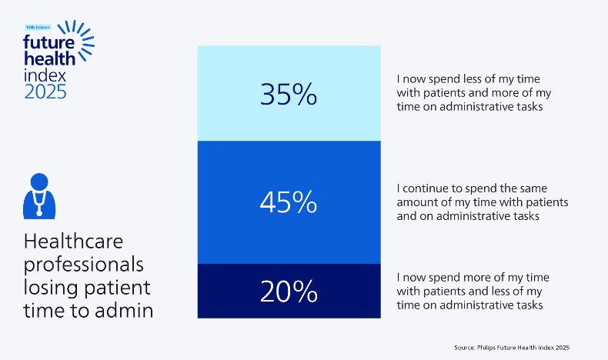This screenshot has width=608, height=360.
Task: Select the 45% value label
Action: [x=289, y=202]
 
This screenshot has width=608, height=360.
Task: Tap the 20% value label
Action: [x=289, y=292]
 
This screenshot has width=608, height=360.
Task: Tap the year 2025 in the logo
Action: [x=45, y=92]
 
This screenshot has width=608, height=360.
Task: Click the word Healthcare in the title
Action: [x=73, y=242]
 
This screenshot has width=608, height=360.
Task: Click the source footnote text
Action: [x=511, y=348]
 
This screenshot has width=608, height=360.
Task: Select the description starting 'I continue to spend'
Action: [x=482, y=202]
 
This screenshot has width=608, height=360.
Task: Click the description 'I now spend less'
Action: [x=473, y=93]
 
